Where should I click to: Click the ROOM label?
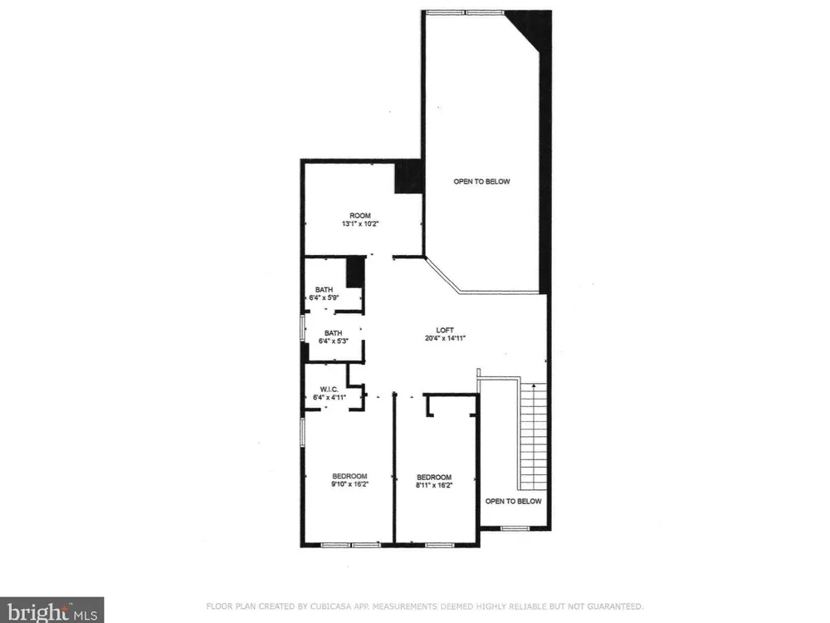coord(360,216)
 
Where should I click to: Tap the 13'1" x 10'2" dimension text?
coord(360,223)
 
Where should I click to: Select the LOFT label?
coord(445,330)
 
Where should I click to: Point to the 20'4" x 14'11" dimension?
coord(445,338)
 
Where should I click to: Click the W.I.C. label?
coord(329,390)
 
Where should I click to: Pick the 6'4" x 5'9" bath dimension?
coord(324,297)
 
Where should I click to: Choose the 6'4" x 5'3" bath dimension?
coord(333,341)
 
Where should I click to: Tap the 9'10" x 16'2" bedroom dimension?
coord(349,484)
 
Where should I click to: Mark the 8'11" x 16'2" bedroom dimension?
coord(433,485)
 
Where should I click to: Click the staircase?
coord(532,435)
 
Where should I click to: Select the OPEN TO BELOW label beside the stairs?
coord(514,501)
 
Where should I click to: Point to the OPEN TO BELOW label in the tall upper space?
coord(481,182)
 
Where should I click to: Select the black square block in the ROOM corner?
coord(408,177)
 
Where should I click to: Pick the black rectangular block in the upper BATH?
coord(356,272)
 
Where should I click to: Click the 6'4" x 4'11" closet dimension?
coord(330,397)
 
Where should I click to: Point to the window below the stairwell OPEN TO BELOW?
coord(515,528)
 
